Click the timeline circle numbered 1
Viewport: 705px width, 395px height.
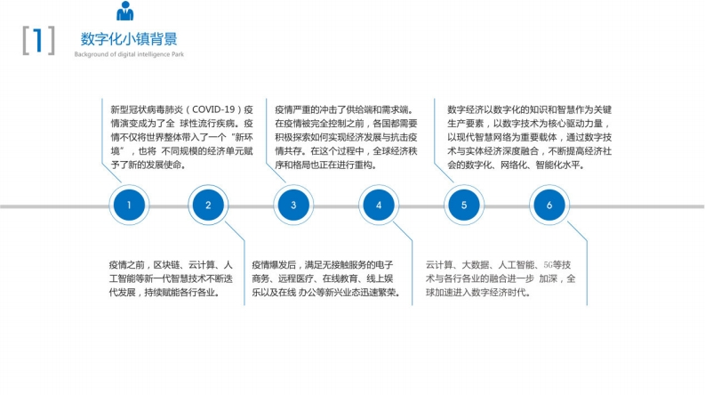pyautogui.click(x=129, y=206)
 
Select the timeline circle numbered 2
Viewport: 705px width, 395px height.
pyautogui.click(x=208, y=206)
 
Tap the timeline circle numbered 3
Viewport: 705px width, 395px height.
pyautogui.click(x=293, y=206)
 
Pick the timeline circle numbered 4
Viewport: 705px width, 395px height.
pyautogui.click(x=379, y=206)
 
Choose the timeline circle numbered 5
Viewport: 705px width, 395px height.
pyautogui.click(x=464, y=206)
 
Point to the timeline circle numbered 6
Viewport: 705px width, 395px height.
pyautogui.click(x=549, y=206)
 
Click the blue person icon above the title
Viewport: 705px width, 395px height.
pyautogui.click(x=125, y=11)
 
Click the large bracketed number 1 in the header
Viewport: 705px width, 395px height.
pyautogui.click(x=38, y=41)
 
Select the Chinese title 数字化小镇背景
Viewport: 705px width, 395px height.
pyautogui.click(x=129, y=39)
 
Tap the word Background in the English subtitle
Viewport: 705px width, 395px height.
pyautogui.click(x=88, y=54)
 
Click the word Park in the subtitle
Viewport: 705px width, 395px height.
pyautogui.click(x=178, y=54)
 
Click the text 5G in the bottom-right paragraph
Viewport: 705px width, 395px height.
pyautogui.click(x=549, y=265)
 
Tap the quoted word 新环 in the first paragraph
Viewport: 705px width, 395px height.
pyautogui.click(x=244, y=137)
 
